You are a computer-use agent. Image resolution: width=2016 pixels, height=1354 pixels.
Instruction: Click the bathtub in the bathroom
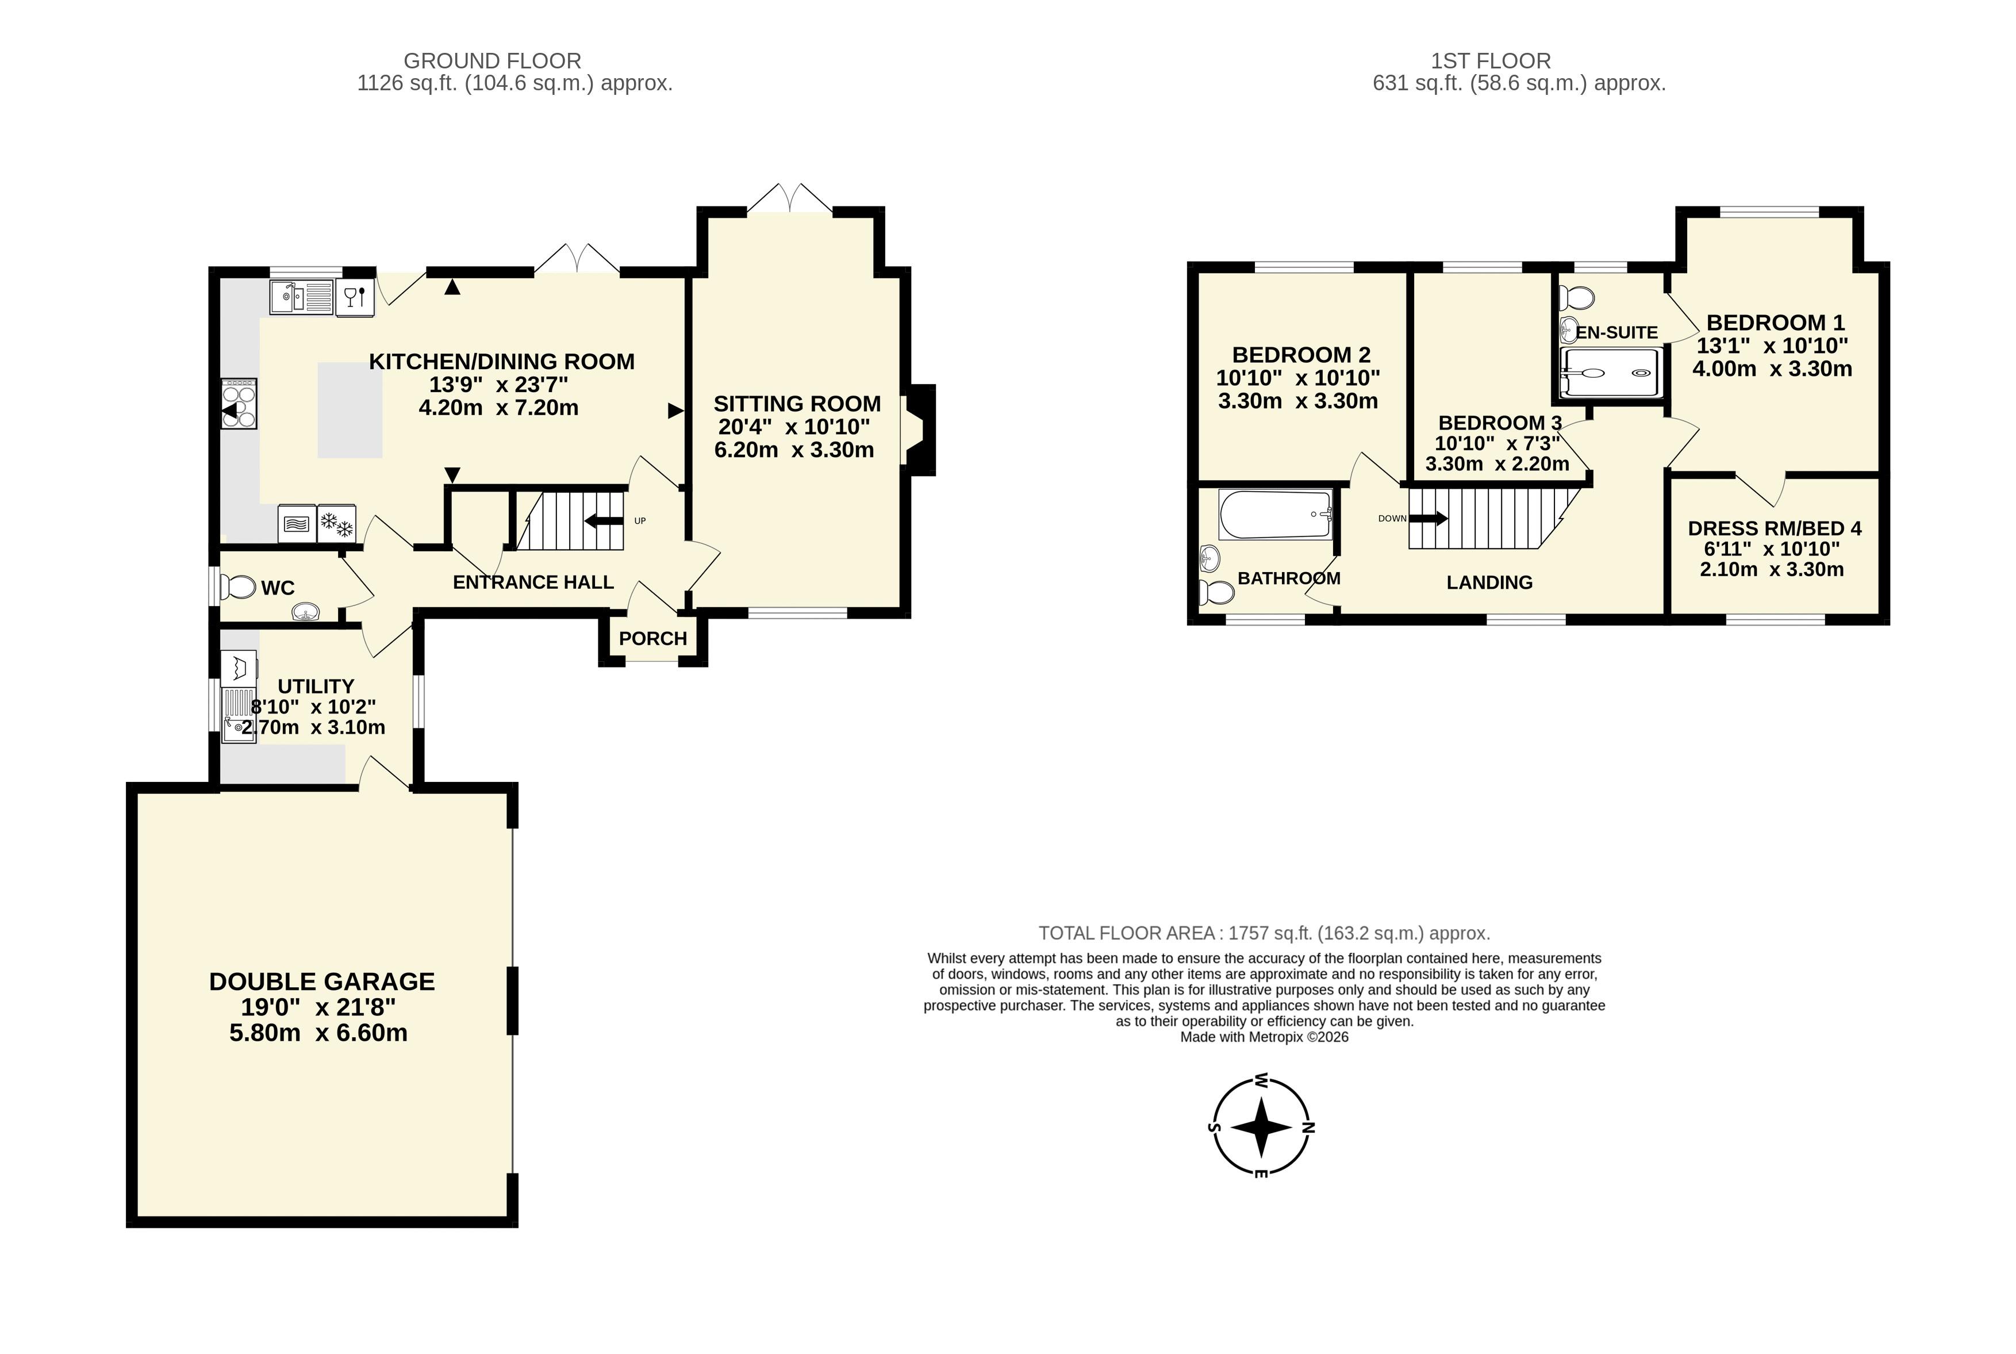click(x=1274, y=515)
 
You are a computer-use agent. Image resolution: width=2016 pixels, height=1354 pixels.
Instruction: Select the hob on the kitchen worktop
click(x=239, y=403)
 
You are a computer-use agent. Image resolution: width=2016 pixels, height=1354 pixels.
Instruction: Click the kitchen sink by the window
click(x=301, y=298)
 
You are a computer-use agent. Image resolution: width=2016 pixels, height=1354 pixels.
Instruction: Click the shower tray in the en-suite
click(x=1611, y=373)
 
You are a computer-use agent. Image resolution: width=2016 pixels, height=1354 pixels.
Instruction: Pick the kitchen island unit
click(x=350, y=409)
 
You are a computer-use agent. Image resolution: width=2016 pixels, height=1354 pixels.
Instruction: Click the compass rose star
click(x=1261, y=1127)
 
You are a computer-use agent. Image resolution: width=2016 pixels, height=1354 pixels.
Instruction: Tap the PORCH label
click(x=652, y=638)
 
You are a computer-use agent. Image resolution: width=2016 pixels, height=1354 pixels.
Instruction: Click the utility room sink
click(x=239, y=715)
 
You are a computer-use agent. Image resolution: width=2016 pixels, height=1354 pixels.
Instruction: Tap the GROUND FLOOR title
click(x=492, y=62)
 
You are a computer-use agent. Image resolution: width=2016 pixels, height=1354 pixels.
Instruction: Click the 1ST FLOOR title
click(x=1491, y=62)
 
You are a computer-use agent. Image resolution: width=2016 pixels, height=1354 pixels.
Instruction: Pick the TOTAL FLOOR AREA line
click(x=1264, y=934)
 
